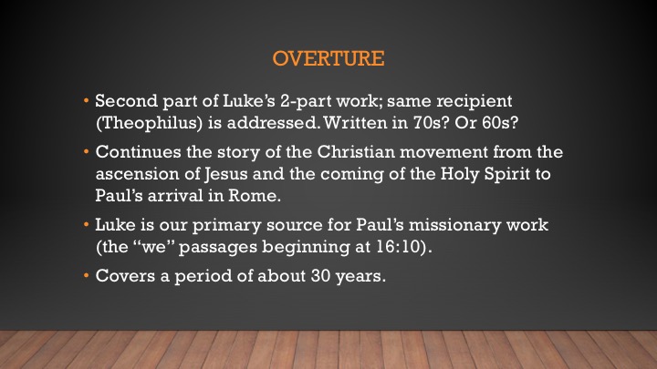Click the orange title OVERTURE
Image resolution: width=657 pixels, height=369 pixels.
coord(328,58)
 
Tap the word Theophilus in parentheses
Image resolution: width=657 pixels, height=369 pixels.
coord(150,123)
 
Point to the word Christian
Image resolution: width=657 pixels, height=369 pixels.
coord(356,152)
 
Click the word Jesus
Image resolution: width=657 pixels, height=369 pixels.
coord(226,174)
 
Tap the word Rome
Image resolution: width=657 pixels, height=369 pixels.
coord(255,195)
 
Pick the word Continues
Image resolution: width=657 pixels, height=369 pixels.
coord(139,152)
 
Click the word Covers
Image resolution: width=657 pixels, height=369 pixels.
coord(125,276)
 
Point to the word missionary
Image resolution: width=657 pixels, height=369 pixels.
coord(454,226)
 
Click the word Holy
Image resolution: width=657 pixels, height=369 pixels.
coord(460,174)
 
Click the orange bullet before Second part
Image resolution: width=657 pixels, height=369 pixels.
coord(87,101)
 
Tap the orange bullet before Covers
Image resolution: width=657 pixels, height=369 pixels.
coord(87,276)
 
